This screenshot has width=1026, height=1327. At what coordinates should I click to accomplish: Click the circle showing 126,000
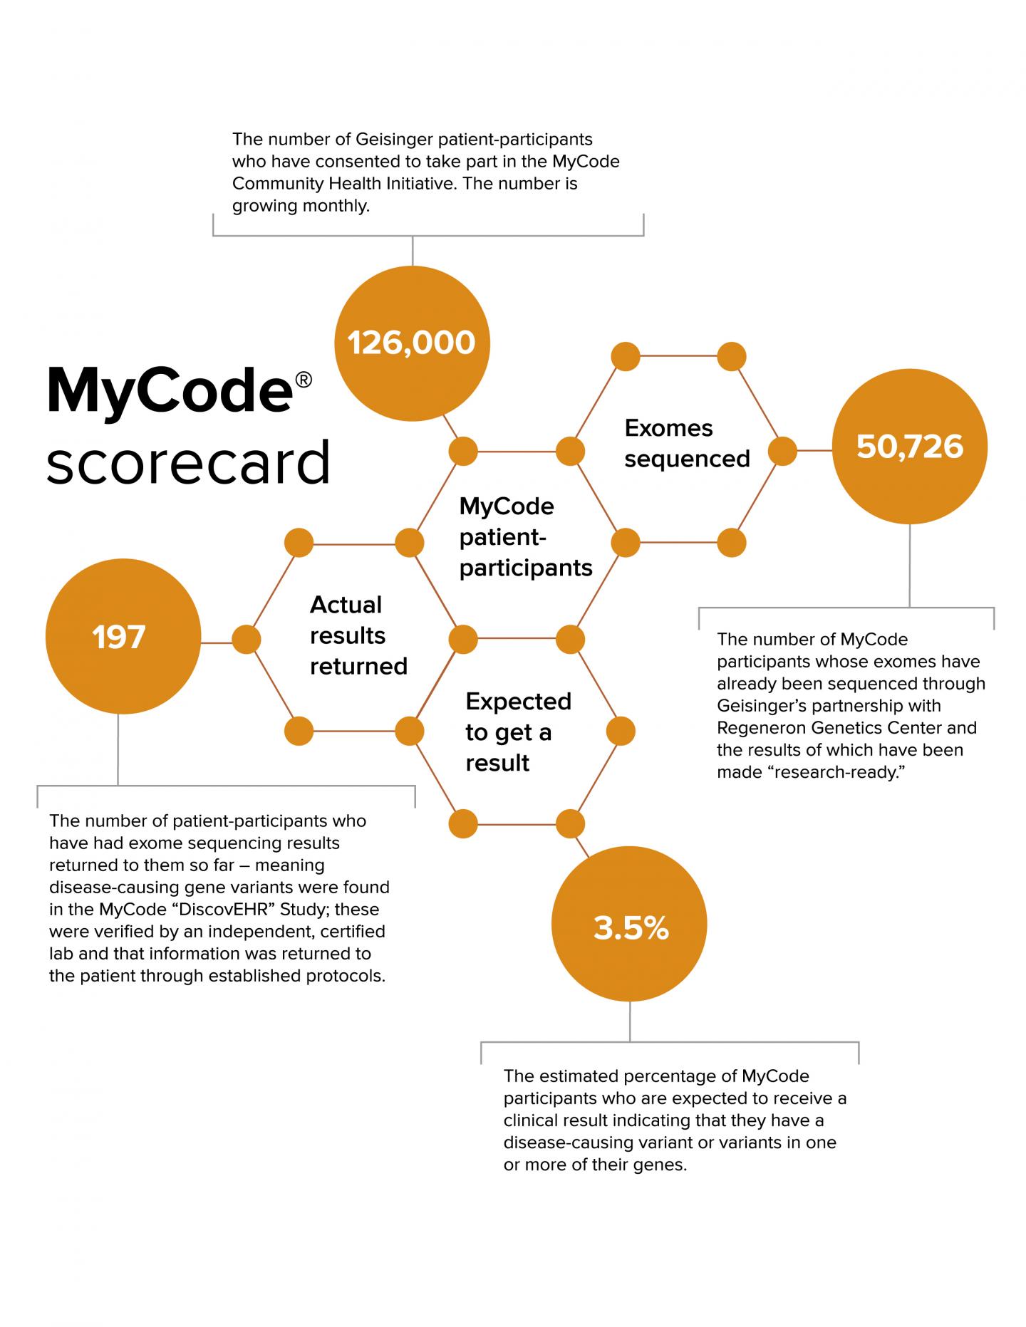412,343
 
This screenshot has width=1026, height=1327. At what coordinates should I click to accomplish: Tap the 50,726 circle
910,447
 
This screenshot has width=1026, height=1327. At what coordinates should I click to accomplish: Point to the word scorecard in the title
189,463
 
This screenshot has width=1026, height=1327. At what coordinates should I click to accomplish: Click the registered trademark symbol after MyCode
303,380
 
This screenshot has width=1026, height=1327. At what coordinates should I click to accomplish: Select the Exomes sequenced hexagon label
686,443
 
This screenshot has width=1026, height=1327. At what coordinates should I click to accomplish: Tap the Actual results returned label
358,635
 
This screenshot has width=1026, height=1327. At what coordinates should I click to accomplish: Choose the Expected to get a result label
518,732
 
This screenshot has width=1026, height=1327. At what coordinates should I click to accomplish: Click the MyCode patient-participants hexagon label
526,536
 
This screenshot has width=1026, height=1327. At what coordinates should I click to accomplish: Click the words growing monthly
301,206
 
